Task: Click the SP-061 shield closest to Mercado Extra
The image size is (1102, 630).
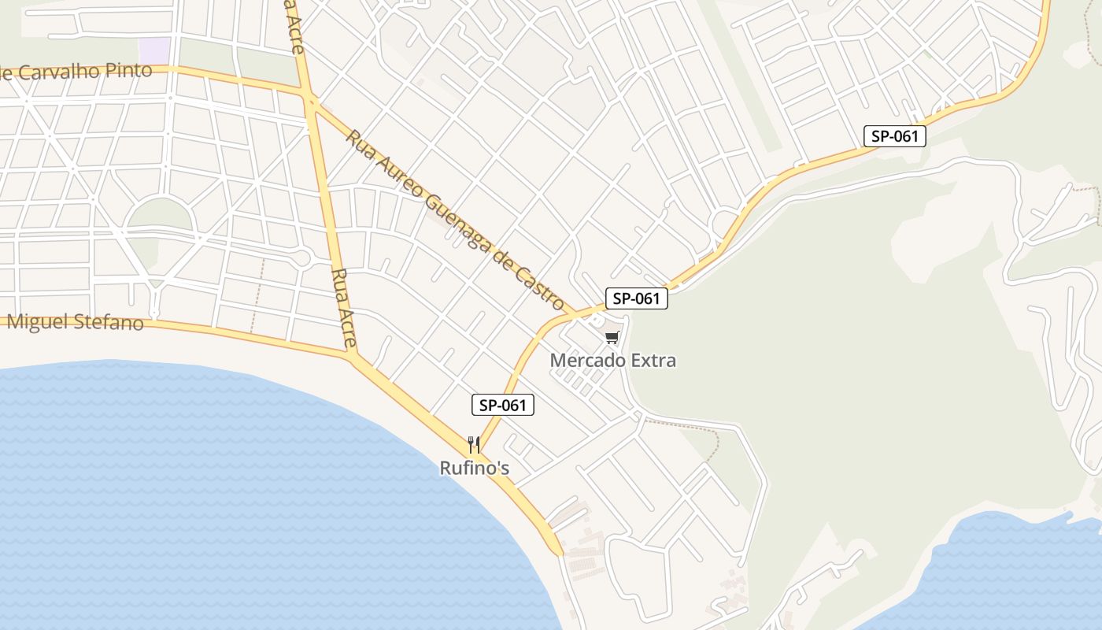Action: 636,298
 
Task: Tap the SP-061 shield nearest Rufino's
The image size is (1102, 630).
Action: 502,406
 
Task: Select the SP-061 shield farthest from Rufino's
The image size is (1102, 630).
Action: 894,136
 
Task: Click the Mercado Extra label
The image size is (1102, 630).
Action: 612,361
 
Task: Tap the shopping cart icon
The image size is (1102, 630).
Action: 612,338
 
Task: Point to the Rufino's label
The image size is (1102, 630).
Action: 474,469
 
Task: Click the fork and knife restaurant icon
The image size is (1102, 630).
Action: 473,445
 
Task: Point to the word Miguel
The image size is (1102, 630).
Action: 38,321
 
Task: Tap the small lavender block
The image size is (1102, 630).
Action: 154,50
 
